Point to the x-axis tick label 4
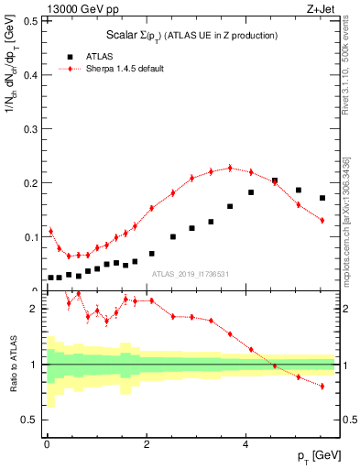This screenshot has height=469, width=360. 245,444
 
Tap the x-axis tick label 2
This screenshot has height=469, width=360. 147,444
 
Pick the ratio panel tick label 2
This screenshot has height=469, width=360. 34,310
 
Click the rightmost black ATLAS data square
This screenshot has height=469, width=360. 322,198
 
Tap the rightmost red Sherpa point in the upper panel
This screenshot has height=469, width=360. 322,220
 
